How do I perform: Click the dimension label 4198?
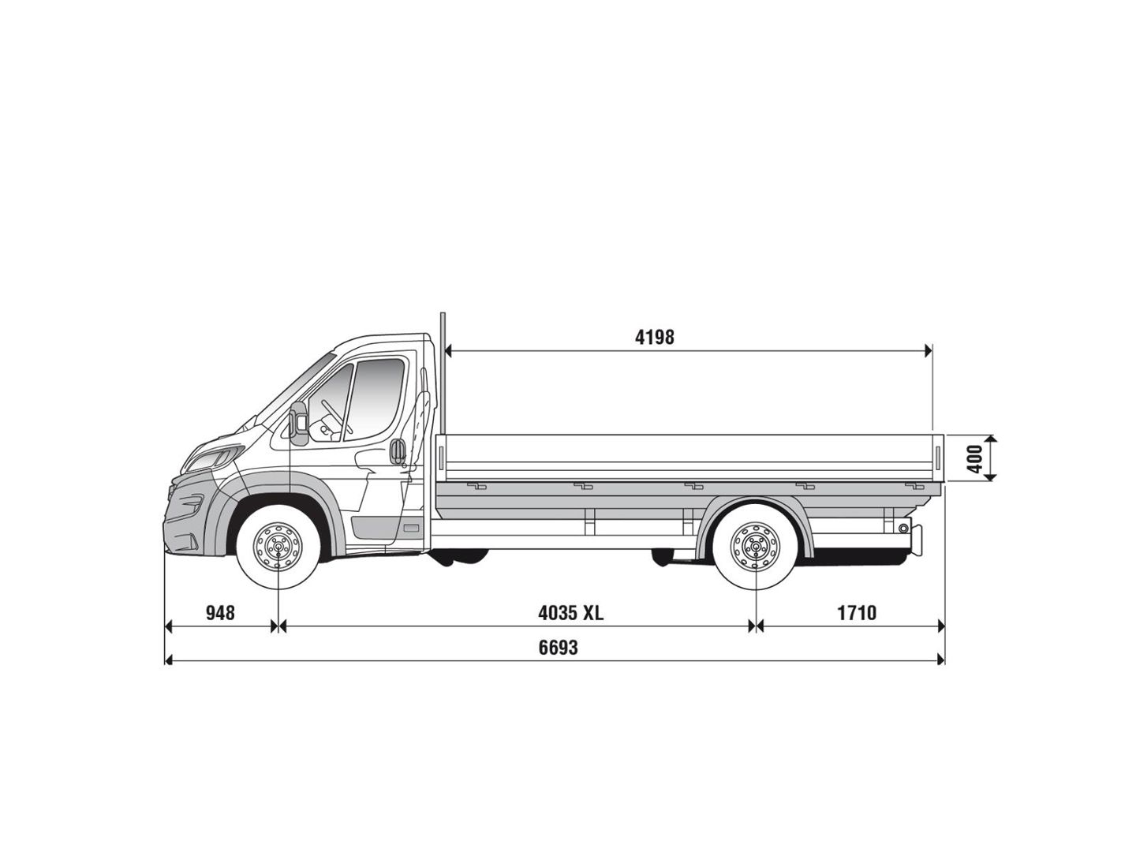pos(655,338)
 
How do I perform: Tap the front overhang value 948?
pos(220,612)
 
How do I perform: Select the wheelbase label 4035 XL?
pos(570,612)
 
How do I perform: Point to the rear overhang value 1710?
pos(857,612)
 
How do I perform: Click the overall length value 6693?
pos(558,647)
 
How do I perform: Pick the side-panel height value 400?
pos(974,458)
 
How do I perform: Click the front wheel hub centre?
pos(278,546)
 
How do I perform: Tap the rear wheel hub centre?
pos(756,546)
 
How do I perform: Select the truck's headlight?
pos(213,459)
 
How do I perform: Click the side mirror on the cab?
pos(299,423)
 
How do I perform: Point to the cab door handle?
pos(398,451)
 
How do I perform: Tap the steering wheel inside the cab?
pos(335,417)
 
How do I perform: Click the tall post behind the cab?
pos(443,373)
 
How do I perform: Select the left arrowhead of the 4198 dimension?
pos(447,351)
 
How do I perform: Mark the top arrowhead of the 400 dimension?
pos(990,439)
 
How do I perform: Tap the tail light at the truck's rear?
pos(917,540)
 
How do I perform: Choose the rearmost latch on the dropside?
pos(914,486)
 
